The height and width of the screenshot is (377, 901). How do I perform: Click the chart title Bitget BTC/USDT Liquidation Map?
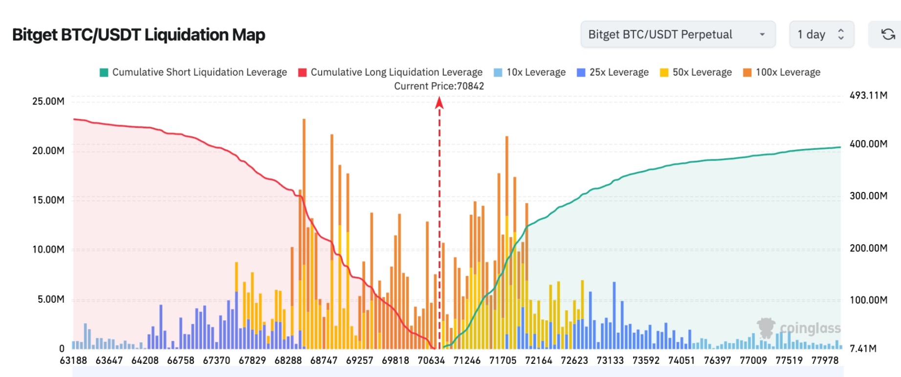pyautogui.click(x=138, y=35)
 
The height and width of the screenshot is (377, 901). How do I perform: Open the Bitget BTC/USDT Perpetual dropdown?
pyautogui.click(x=678, y=34)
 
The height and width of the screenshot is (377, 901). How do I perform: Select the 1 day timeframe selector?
pyautogui.click(x=821, y=34)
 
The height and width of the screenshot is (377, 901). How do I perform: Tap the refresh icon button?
pyautogui.click(x=888, y=34)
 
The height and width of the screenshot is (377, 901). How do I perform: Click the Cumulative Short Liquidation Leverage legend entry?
pyautogui.click(x=194, y=72)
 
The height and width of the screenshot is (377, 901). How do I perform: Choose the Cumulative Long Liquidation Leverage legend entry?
pyautogui.click(x=391, y=72)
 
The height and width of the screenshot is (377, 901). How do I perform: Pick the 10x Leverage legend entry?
pyautogui.click(x=530, y=72)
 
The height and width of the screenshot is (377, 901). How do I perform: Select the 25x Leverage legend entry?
pyautogui.click(x=613, y=72)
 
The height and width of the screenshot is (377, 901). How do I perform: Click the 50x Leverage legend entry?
pyautogui.click(x=696, y=72)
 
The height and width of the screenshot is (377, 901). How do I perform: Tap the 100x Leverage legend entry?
pyautogui.click(x=782, y=72)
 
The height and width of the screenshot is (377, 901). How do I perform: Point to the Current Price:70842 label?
pyautogui.click(x=439, y=86)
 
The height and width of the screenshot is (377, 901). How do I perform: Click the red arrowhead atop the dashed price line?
pyautogui.click(x=439, y=102)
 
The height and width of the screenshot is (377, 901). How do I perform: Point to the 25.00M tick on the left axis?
pyautogui.click(x=48, y=101)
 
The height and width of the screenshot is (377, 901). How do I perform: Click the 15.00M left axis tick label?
pyautogui.click(x=48, y=200)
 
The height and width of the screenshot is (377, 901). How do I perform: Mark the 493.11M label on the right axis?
pyautogui.click(x=868, y=95)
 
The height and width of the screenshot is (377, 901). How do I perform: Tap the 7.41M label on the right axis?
pyautogui.click(x=863, y=348)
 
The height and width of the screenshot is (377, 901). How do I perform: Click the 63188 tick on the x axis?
pyautogui.click(x=73, y=360)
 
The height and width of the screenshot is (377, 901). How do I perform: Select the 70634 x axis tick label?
pyautogui.click(x=431, y=360)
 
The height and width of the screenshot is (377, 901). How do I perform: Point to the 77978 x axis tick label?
pyautogui.click(x=825, y=360)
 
